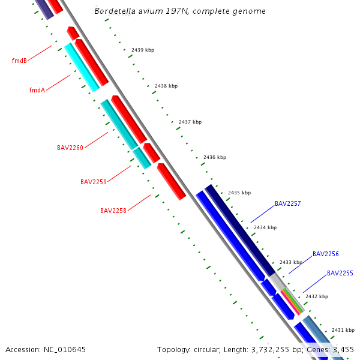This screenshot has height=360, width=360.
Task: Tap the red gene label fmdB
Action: (19, 61)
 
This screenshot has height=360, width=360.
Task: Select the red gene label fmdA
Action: (37, 90)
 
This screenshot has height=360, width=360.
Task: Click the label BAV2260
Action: (70, 148)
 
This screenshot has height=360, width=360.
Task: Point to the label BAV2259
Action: (94, 182)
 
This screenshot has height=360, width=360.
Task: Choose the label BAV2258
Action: (113, 211)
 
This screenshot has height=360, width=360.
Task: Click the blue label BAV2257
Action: (288, 203)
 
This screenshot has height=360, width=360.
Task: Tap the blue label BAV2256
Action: (326, 254)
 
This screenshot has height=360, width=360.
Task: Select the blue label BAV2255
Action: (340, 273)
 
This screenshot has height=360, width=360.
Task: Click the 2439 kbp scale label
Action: (143, 50)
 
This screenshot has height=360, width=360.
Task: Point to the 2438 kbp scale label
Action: (166, 86)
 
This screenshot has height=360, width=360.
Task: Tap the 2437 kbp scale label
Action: (190, 122)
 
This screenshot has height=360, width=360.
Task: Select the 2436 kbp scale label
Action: (215, 157)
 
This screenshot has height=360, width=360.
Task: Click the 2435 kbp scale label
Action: (239, 193)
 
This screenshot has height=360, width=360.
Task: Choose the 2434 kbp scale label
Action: (265, 227)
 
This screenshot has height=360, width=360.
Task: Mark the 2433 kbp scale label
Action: (291, 262)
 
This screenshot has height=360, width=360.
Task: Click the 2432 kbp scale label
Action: (317, 296)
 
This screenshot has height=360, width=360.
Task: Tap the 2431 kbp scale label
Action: (343, 330)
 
